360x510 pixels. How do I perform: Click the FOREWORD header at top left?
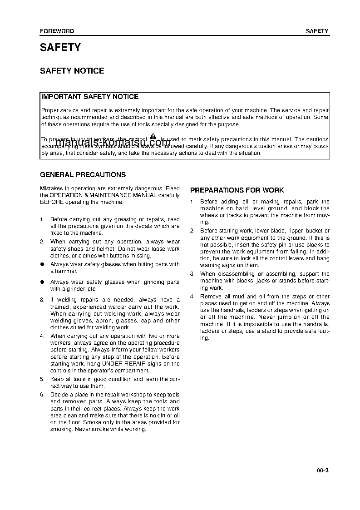pos(57,31)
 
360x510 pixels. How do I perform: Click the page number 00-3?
pos(322,470)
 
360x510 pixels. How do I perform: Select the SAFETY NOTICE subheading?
pos(72,71)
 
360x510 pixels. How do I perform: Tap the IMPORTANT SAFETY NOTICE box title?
pos(89,97)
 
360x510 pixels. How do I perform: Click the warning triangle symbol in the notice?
pos(153,137)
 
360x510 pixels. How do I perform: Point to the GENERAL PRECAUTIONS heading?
pos(83,175)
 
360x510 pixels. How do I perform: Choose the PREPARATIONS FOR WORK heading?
pos(237,190)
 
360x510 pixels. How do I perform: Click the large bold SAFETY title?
pos(60,48)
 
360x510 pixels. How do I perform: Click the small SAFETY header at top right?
pos(317,31)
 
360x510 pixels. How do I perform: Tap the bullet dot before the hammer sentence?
pos(42,264)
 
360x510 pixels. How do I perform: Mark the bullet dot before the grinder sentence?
pos(42,282)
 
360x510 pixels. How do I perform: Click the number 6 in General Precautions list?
pos(42,395)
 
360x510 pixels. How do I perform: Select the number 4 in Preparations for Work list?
pos(192,297)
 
